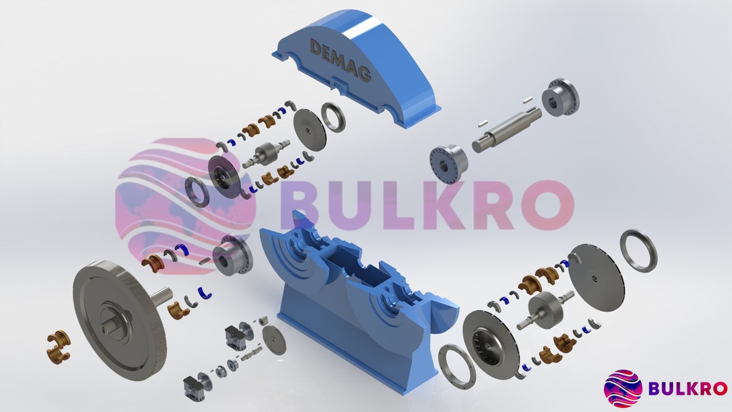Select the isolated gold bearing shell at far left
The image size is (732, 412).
click(x=58, y=346)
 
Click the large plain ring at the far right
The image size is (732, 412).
click(x=638, y=251)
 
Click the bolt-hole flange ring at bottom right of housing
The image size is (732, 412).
click(x=457, y=367)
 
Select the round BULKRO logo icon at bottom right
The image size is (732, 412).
click(x=623, y=389)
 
